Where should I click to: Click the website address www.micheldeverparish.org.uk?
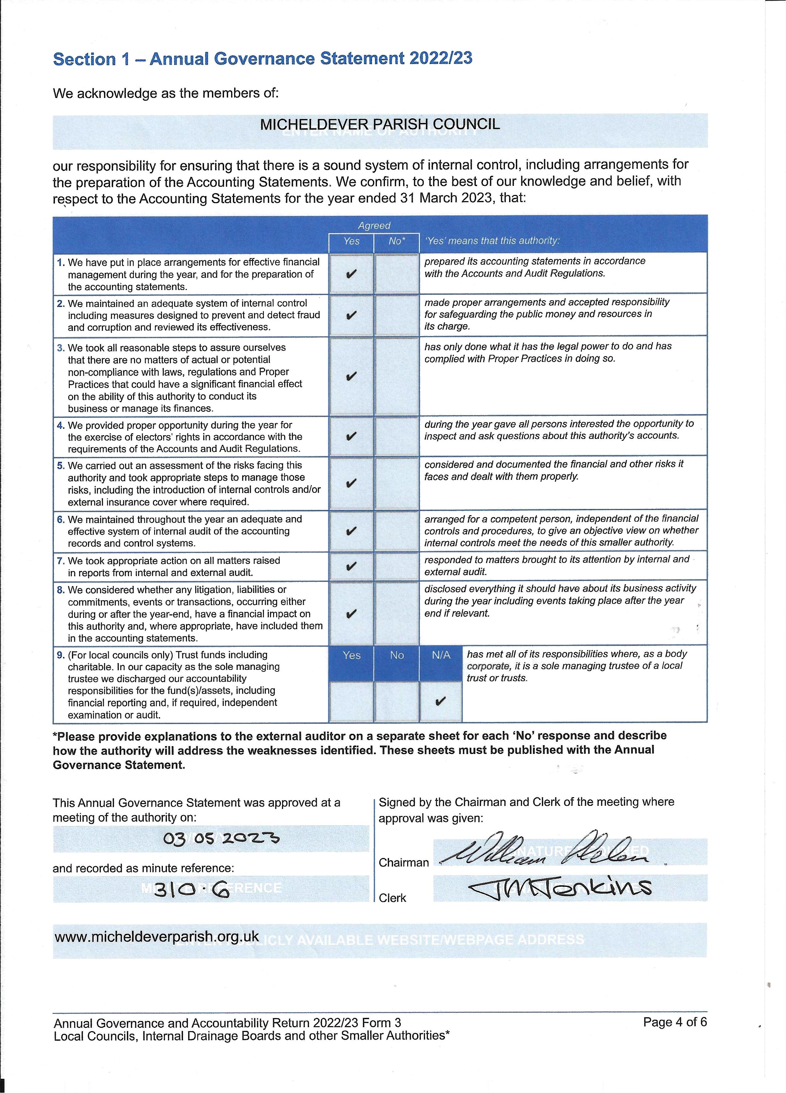157,936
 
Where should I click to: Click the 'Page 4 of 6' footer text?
675,1022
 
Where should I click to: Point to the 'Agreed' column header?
374,226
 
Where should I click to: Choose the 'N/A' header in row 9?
441,655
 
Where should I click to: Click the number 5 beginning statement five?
60,466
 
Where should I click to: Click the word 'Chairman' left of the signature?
404,862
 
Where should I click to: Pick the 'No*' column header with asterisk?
397,241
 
